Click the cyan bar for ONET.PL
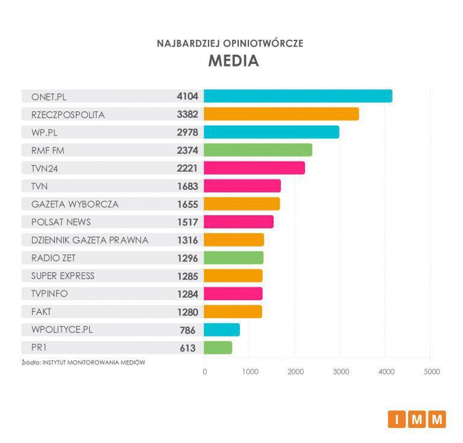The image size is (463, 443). (298, 96)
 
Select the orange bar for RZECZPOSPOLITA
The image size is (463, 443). (281, 114)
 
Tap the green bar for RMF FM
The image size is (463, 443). (258, 150)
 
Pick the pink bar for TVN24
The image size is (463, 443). (254, 168)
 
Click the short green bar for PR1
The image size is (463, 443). (218, 348)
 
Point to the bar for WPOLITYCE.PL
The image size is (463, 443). (222, 330)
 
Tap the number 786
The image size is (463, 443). (187, 330)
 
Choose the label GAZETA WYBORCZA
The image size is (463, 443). (75, 204)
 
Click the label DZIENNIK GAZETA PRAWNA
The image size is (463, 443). (90, 240)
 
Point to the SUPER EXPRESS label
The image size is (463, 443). (63, 276)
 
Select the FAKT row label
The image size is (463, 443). (41, 312)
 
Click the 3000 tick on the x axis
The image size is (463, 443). (340, 372)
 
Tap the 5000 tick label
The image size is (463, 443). (430, 372)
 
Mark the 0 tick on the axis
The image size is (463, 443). (205, 372)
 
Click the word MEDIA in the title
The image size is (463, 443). (233, 61)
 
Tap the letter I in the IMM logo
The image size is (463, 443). (397, 419)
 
